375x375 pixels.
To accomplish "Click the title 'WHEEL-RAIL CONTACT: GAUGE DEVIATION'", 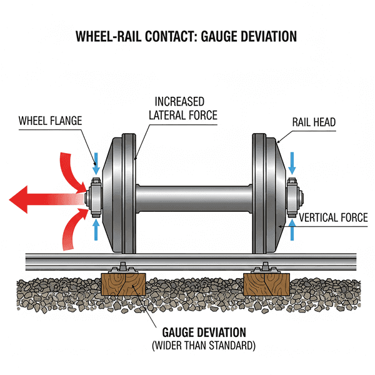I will [x=186, y=36].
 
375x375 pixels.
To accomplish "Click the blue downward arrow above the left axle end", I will [x=96, y=163].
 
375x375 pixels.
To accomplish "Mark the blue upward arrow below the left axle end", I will [x=96, y=229].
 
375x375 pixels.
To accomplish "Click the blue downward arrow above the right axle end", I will [x=292, y=164].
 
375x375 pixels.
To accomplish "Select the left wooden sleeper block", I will [x=122, y=285].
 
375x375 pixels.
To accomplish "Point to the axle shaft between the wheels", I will [x=194, y=197].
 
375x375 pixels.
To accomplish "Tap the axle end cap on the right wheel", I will [x=294, y=196].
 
